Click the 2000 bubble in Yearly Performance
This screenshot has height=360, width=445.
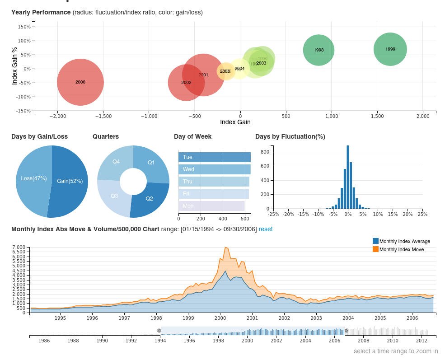pos(80,82)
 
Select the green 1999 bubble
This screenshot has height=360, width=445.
pos(390,49)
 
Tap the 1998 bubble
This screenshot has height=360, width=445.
pos(319,50)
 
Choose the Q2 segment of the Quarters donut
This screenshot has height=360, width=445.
pos(149,199)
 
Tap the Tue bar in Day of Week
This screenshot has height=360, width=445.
pos(214,157)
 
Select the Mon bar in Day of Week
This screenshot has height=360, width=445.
pos(211,206)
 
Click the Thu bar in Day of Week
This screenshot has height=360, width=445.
pos(214,182)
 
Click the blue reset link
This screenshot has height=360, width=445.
pos(266,229)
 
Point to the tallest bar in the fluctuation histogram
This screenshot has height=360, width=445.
pos(347,177)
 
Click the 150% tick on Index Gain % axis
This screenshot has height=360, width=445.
pos(24,27)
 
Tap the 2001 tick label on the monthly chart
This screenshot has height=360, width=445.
pos(252,318)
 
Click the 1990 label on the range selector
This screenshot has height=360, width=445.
pos(102,341)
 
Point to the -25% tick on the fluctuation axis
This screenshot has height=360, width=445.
pos(274,214)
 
